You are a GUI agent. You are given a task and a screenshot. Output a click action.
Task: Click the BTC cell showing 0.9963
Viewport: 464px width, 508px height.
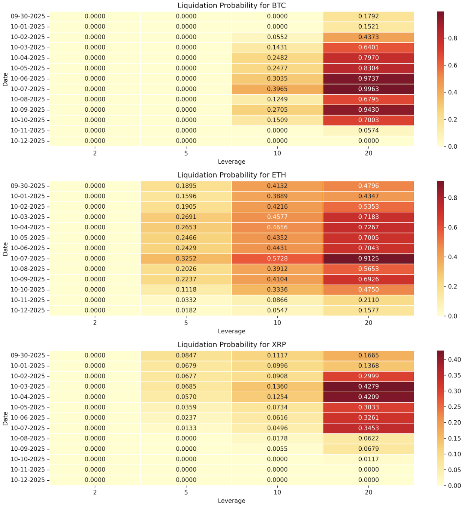368,89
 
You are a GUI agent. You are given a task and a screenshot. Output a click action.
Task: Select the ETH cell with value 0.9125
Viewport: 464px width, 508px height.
368,258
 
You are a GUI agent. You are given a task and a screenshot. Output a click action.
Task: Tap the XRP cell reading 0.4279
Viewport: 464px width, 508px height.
368,387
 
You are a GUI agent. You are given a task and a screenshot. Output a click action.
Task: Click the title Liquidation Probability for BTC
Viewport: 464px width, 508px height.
232,6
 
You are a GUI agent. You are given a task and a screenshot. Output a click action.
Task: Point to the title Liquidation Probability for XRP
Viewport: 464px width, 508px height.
232,345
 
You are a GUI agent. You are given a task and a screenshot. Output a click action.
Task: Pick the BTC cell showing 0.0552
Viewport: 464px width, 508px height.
277,37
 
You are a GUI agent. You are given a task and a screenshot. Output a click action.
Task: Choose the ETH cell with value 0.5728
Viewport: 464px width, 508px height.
277,258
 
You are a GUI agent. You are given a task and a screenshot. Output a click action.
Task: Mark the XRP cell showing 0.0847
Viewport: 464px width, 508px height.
186,356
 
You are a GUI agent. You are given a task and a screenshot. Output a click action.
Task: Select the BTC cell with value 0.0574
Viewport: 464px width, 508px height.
368,131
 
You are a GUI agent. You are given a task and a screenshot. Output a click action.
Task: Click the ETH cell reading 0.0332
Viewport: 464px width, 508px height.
186,300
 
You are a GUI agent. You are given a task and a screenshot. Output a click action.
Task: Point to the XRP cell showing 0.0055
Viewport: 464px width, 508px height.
277,449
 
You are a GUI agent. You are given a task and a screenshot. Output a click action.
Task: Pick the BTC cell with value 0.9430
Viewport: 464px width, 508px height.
368,110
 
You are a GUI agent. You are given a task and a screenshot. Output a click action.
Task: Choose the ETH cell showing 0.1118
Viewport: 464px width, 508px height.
186,290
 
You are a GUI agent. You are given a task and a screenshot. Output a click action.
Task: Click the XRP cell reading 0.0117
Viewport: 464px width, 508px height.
368,459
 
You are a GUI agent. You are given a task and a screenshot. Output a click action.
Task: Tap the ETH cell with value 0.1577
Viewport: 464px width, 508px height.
368,311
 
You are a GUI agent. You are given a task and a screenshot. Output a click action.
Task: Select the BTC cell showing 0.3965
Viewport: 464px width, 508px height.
277,89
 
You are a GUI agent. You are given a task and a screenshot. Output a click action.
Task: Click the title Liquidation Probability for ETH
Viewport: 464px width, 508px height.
232,175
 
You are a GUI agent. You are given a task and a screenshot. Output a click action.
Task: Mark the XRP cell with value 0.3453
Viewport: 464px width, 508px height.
368,428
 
